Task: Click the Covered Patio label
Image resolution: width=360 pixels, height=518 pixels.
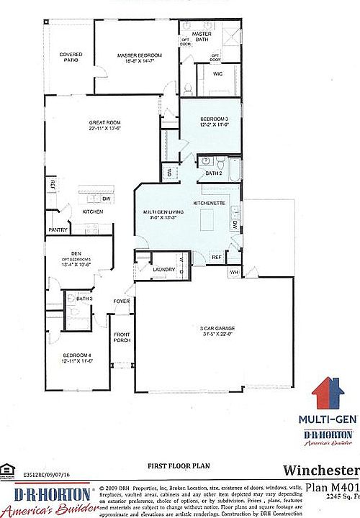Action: point(71,57)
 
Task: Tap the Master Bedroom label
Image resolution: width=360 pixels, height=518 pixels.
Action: point(140,55)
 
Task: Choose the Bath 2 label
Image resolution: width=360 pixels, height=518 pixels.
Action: point(213,173)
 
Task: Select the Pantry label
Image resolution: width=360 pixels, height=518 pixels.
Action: point(58,230)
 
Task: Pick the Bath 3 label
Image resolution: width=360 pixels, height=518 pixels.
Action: point(84,299)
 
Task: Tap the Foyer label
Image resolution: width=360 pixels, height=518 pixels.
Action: point(121,301)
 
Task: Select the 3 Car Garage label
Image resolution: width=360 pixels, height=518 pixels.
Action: point(217,328)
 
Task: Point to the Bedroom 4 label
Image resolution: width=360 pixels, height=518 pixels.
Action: point(78,355)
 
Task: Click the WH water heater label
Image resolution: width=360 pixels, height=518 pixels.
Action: point(233,273)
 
